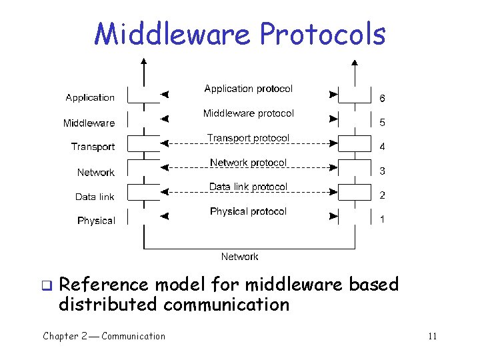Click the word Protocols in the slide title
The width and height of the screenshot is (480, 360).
click(x=322, y=35)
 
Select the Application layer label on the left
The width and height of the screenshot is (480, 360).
click(x=90, y=98)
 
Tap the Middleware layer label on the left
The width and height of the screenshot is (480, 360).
click(x=89, y=123)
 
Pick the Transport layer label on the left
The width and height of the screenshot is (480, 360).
click(x=93, y=147)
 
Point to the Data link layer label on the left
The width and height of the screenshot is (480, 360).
click(x=95, y=197)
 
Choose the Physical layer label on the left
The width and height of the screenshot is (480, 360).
click(x=96, y=221)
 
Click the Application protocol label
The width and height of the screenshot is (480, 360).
click(x=248, y=89)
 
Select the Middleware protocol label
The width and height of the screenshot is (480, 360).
click(x=248, y=114)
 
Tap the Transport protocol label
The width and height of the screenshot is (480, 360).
click(x=248, y=138)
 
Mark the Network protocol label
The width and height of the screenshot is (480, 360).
click(x=248, y=163)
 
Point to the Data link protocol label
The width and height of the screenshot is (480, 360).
click(x=248, y=187)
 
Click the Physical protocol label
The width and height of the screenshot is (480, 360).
click(x=248, y=211)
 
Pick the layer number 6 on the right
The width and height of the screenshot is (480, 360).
click(x=382, y=99)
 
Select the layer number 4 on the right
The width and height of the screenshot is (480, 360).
click(x=382, y=147)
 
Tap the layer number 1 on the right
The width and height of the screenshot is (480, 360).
click(x=382, y=219)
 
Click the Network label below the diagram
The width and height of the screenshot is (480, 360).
click(x=239, y=257)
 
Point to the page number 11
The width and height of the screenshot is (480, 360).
click(x=432, y=336)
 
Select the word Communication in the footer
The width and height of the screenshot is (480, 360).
click(x=133, y=336)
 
